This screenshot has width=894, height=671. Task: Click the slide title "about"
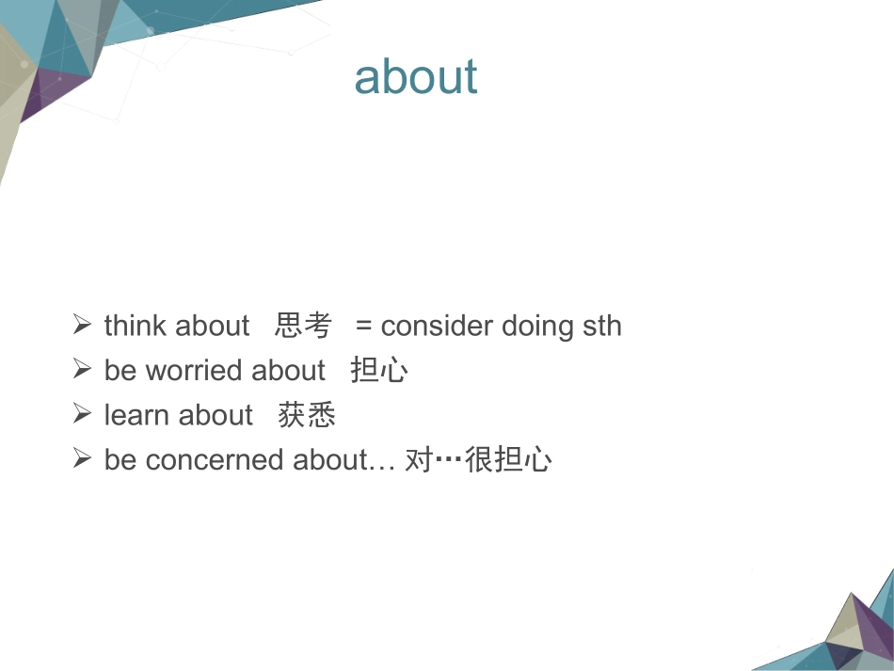point(416,76)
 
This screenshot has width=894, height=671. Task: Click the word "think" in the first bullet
point(136,326)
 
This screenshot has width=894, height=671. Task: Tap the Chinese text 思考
point(303,326)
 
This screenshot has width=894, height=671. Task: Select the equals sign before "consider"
point(364,327)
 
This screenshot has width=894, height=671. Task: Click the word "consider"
point(437,327)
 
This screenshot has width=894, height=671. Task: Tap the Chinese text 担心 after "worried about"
point(379,370)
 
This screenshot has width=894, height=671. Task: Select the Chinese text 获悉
point(307,414)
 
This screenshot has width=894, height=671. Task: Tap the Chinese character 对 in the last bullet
point(419,459)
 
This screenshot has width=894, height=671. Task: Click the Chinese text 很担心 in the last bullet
point(508,459)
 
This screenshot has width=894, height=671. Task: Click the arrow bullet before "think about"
point(82,324)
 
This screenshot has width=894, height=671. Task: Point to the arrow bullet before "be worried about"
point(82,368)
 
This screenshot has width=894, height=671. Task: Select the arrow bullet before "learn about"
point(82,413)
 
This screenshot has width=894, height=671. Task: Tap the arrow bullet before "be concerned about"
point(82,457)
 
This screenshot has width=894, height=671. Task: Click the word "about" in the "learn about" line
point(216,414)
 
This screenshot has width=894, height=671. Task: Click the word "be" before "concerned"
point(120,459)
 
